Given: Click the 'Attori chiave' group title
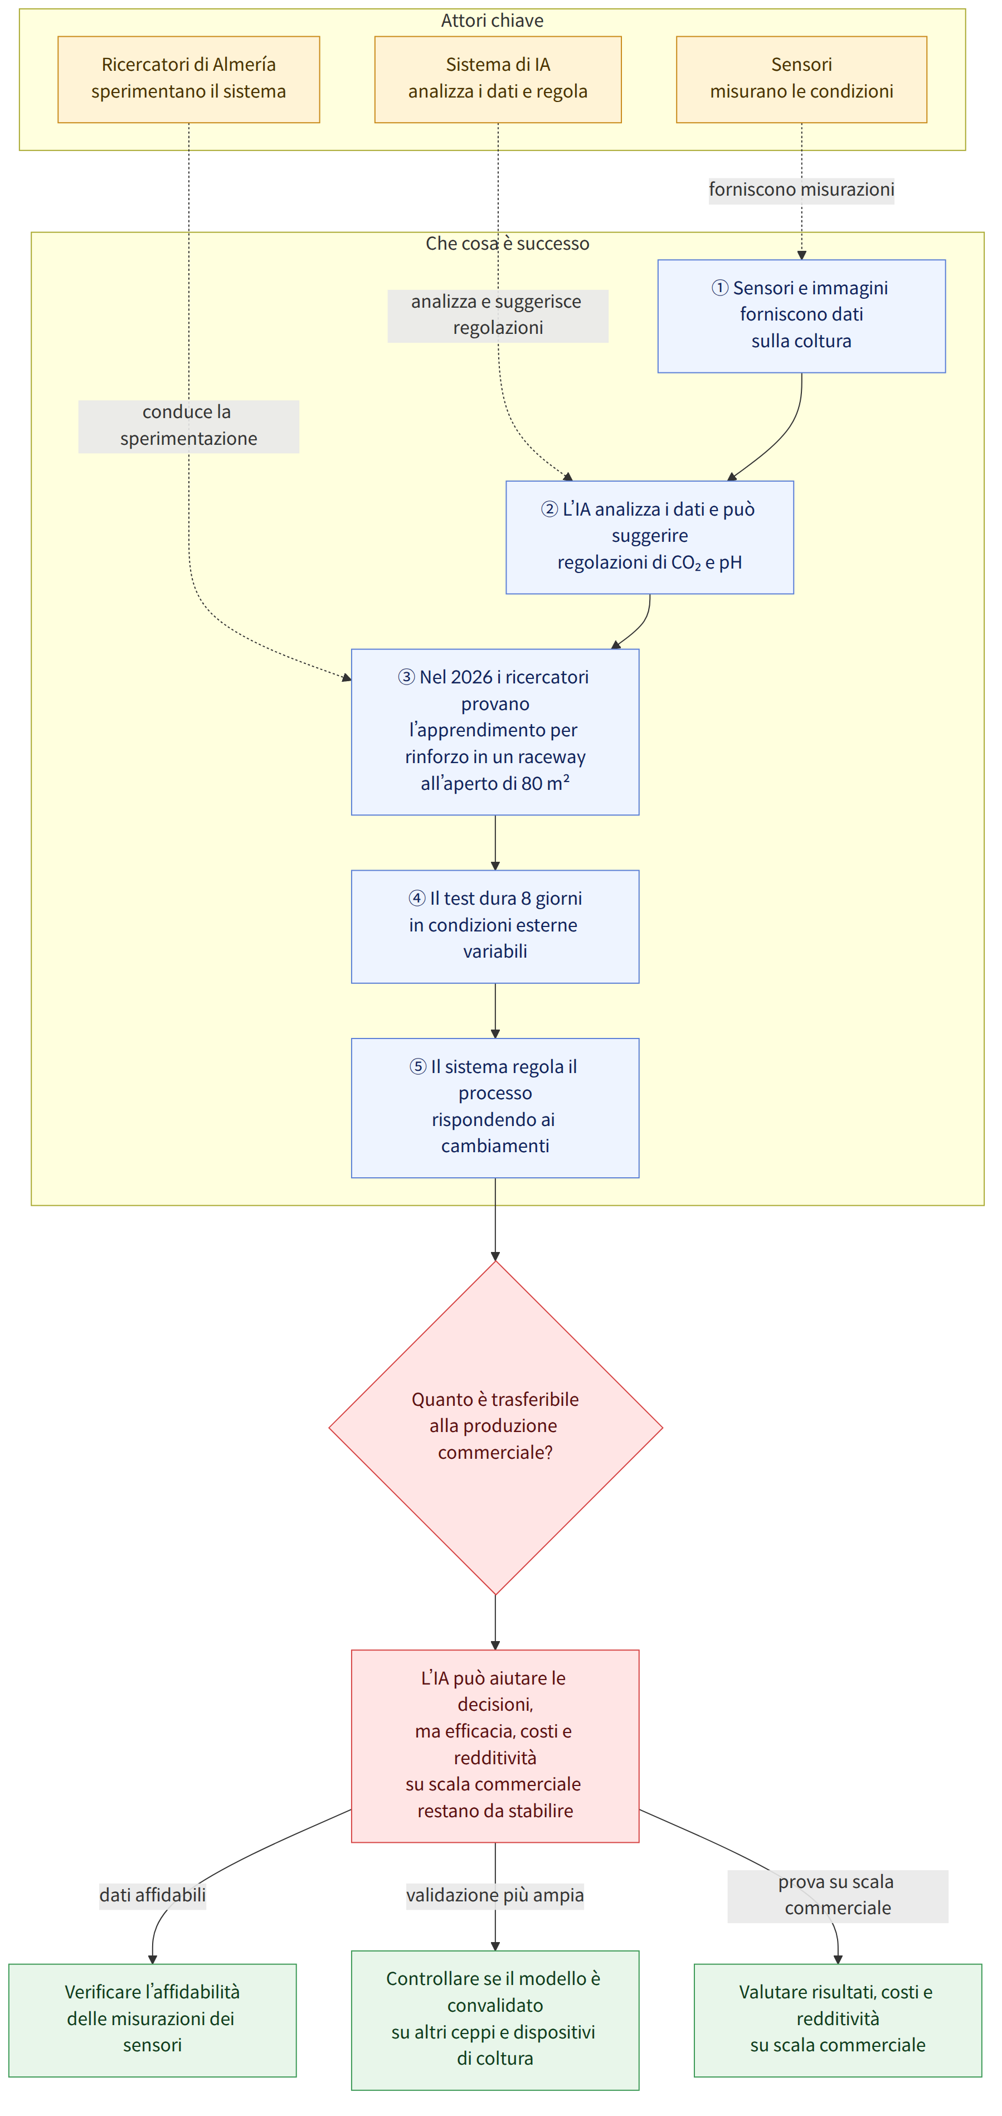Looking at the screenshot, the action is (x=492, y=21).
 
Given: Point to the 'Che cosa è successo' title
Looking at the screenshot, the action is (x=508, y=243).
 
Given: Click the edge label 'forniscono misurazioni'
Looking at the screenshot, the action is (x=801, y=190).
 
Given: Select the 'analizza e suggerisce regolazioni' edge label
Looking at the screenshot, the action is (x=498, y=314).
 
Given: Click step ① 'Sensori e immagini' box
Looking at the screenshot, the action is (x=801, y=316).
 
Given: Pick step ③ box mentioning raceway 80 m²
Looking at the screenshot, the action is (x=495, y=732).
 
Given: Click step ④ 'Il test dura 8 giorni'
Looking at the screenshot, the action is (x=495, y=926).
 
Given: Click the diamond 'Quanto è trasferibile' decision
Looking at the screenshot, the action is (x=495, y=1427).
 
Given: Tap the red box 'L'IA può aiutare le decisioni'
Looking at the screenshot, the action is (x=495, y=1745).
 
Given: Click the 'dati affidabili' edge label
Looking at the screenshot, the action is (x=153, y=1895).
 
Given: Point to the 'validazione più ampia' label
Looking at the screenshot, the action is (x=495, y=1895).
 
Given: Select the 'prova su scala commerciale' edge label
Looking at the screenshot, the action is (x=838, y=1895).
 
